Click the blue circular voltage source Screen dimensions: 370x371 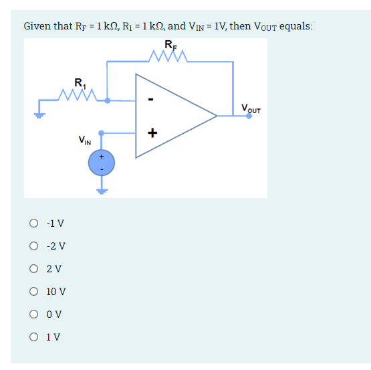point(102,162)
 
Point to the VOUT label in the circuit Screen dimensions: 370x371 point(251,108)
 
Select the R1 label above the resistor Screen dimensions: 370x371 point(80,84)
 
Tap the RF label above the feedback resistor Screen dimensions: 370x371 point(170,45)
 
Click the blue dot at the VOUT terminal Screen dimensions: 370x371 point(249,116)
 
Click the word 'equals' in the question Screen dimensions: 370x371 point(295,26)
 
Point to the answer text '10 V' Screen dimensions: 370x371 point(56,292)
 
